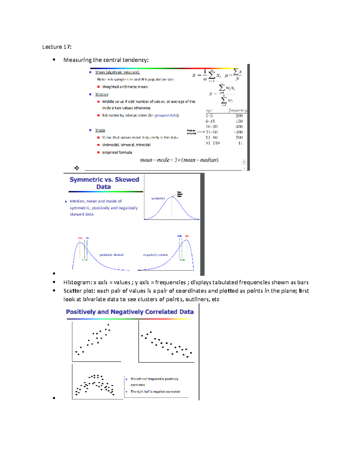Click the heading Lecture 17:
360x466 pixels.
(x=57, y=47)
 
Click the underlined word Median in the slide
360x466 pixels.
(x=102, y=94)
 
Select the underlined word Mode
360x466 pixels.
(x=100, y=130)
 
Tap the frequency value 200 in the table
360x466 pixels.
(x=239, y=116)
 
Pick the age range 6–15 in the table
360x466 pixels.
(x=210, y=121)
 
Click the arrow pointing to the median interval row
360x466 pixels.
(x=201, y=132)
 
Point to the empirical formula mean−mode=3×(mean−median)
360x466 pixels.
(x=179, y=160)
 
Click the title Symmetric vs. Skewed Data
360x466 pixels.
(x=104, y=183)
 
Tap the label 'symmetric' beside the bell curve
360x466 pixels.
(x=158, y=199)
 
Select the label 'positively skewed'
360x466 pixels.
(x=111, y=255)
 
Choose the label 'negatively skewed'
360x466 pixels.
(x=155, y=255)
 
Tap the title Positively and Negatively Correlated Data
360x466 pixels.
(x=130, y=312)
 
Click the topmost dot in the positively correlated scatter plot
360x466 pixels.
(x=108, y=325)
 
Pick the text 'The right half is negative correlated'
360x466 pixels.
(x=155, y=392)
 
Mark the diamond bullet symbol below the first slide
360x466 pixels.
(x=77, y=168)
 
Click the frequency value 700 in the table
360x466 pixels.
(x=239, y=137)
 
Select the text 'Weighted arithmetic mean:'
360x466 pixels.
(x=125, y=87)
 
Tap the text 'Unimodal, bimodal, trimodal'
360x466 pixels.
(x=126, y=145)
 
